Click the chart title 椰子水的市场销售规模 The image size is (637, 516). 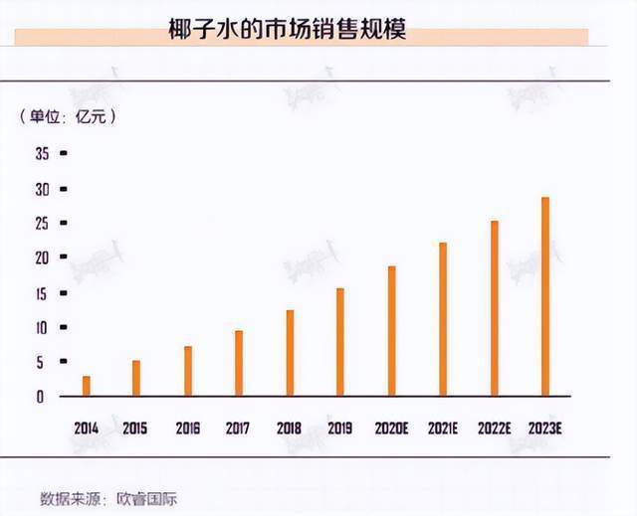[x=288, y=32]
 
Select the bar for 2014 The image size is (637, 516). [x=87, y=386]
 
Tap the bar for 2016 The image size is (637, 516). [x=188, y=371]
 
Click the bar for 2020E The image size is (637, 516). [x=391, y=331]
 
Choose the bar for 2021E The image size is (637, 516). [x=443, y=319]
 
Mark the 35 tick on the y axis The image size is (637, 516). [x=42, y=154]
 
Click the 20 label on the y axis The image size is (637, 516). [x=42, y=258]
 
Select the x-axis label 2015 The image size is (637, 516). [x=135, y=429]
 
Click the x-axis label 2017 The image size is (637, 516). [x=238, y=429]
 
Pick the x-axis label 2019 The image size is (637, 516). [x=340, y=429]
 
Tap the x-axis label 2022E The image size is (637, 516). [x=494, y=429]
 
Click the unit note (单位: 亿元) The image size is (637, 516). [x=68, y=116]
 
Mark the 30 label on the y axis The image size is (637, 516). [x=42, y=189]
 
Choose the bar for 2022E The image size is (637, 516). [x=494, y=308]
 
